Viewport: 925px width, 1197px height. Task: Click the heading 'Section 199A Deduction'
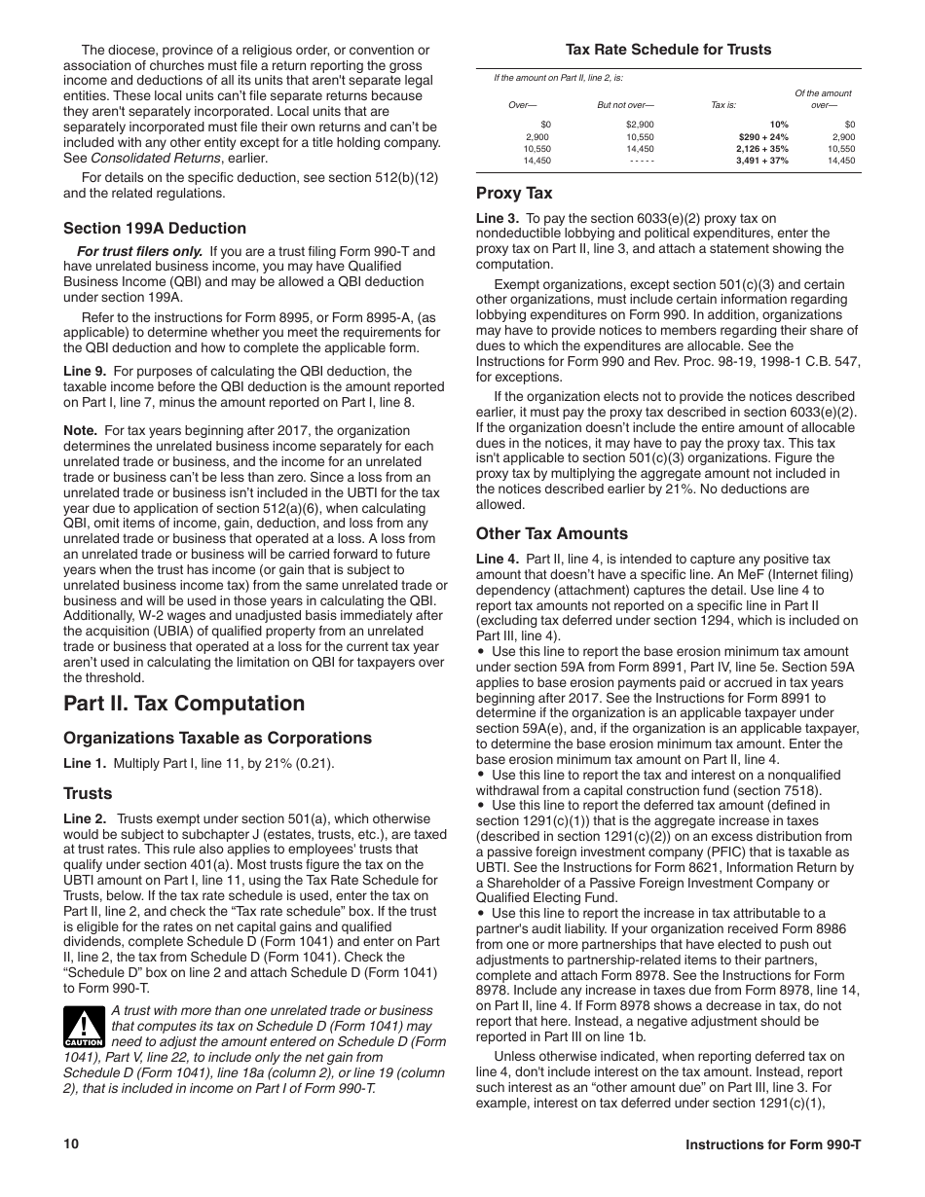155,229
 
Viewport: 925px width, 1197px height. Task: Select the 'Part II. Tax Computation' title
184,704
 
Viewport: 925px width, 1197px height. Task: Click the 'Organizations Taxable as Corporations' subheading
217,739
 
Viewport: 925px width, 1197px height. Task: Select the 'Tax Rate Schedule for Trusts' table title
669,50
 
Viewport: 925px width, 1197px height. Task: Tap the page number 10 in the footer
71,1143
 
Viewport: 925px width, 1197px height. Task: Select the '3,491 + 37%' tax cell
762,161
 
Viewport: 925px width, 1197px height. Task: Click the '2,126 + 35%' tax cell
762,149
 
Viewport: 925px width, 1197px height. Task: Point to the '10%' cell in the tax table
779,125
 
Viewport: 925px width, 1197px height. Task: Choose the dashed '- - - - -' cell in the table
642,161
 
